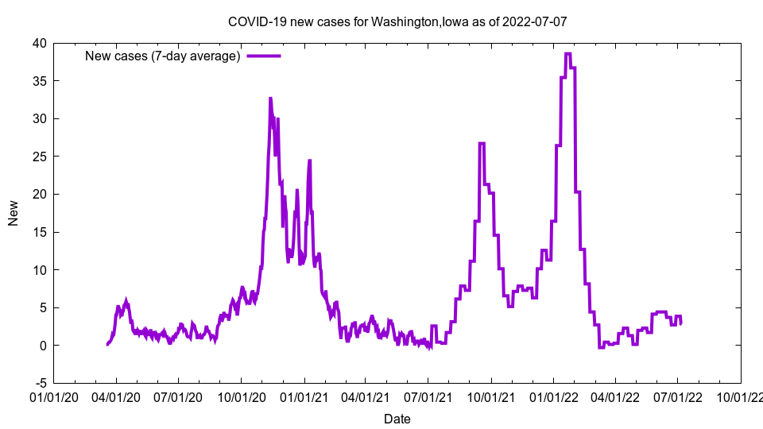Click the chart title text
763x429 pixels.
pyautogui.click(x=397, y=21)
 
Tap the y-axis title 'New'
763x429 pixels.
pyautogui.click(x=14, y=213)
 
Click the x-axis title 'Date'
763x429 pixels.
pyautogui.click(x=397, y=419)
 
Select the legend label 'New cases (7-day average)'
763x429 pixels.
pyautogui.click(x=163, y=56)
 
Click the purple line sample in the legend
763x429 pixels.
pyautogui.click(x=264, y=56)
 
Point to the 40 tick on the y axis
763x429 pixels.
pyautogui.click(x=39, y=43)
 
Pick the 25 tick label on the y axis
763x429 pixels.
pyautogui.click(x=39, y=157)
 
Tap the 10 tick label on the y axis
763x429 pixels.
pyautogui.click(x=39, y=270)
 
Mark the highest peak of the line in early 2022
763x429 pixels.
pyautogui.click(x=567, y=54)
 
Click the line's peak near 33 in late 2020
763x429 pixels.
pyautogui.click(x=270, y=99)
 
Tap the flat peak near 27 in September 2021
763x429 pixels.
pyautogui.click(x=482, y=144)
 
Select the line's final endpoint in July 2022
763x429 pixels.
pyautogui.click(x=680, y=323)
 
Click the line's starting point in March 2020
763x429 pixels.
pyautogui.click(x=107, y=344)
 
